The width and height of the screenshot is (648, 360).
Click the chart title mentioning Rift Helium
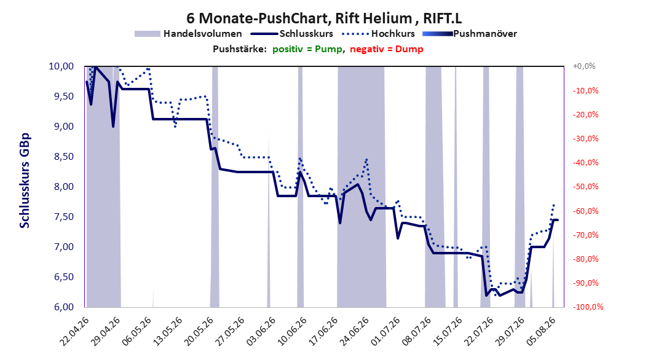click(324, 18)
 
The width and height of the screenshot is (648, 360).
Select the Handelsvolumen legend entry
click(188, 34)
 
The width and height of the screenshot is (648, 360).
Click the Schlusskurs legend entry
click(292, 34)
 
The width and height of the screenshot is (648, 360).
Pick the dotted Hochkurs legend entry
click(378, 34)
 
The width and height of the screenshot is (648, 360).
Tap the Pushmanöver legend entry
click(470, 34)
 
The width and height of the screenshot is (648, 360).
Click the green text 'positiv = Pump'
click(307, 49)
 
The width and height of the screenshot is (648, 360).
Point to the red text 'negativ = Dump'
click(387, 49)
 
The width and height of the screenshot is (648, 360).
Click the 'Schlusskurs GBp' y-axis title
click(25, 181)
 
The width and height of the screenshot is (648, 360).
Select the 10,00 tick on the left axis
click(61, 66)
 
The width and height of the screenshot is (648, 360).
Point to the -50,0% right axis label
click(585, 187)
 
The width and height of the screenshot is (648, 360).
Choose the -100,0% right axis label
click(588, 307)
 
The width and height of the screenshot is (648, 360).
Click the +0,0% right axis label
click(584, 66)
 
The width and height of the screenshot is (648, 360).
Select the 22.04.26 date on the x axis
click(75, 331)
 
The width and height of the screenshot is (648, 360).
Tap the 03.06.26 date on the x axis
click(261, 331)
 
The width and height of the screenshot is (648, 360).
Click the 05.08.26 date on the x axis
click(540, 331)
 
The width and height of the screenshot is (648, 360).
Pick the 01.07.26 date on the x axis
click(385, 331)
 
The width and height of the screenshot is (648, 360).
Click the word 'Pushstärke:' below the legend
click(240, 49)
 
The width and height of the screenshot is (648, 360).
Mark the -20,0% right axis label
click(585, 114)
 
